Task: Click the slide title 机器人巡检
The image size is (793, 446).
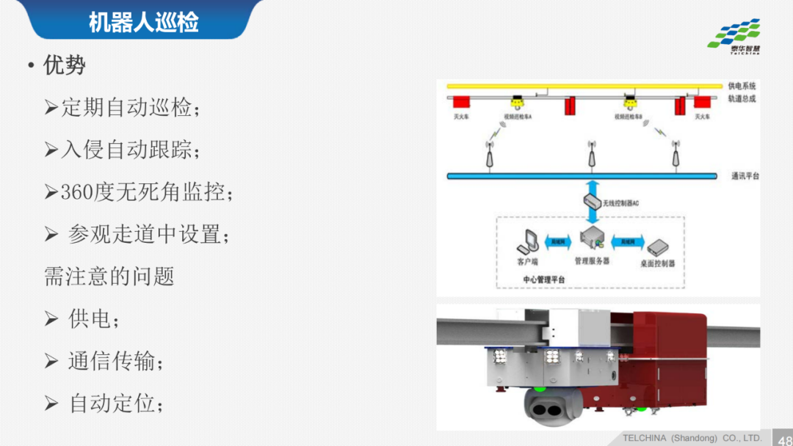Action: click(143, 21)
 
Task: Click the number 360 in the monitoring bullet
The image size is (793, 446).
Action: click(76, 192)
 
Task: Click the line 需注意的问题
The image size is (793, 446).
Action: click(109, 277)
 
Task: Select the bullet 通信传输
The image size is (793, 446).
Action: click(115, 361)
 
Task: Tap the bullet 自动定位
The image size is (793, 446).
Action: click(115, 403)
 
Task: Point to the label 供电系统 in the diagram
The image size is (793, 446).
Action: click(742, 87)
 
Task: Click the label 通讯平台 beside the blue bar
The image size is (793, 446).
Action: click(745, 176)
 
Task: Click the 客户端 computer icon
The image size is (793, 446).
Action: click(528, 241)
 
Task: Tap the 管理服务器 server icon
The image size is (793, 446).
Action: click(591, 239)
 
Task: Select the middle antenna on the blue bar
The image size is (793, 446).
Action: click(590, 154)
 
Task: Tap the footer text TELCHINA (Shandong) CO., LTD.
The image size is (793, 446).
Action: click(692, 438)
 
